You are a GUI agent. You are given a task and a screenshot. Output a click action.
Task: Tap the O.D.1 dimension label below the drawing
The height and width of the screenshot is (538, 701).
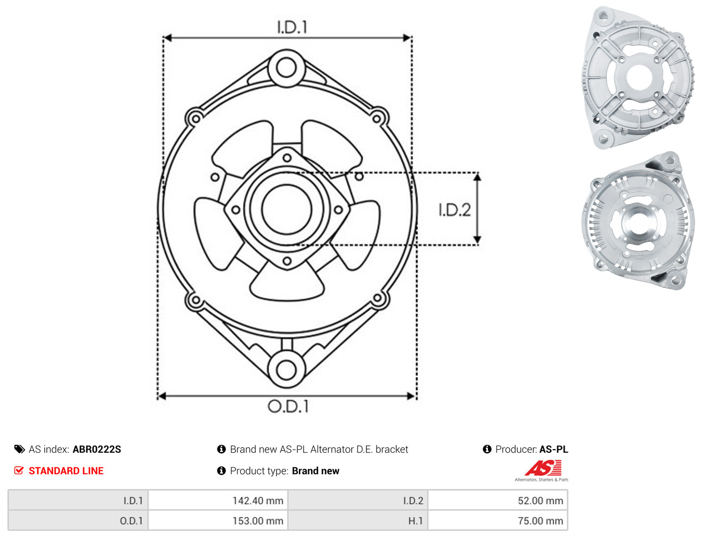click(x=288, y=406)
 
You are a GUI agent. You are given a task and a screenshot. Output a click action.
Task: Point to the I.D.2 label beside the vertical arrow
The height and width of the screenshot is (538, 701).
click(x=454, y=210)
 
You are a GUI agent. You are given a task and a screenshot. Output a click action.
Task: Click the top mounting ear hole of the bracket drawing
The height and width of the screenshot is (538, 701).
click(x=286, y=68)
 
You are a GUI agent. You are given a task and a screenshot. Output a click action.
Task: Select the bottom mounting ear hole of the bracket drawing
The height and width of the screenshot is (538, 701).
click(x=286, y=370)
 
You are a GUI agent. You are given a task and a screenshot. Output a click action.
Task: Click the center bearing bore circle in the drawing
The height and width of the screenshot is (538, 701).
click(x=287, y=210)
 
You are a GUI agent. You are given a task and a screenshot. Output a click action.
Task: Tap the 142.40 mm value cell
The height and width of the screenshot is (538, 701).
click(x=218, y=501)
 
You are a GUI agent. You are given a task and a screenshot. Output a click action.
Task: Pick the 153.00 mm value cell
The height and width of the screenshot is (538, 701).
click(x=218, y=520)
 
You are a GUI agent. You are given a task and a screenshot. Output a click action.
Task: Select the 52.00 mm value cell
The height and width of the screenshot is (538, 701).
click(x=498, y=501)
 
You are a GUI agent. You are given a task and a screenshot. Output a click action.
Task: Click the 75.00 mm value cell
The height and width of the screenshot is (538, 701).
click(x=498, y=520)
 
